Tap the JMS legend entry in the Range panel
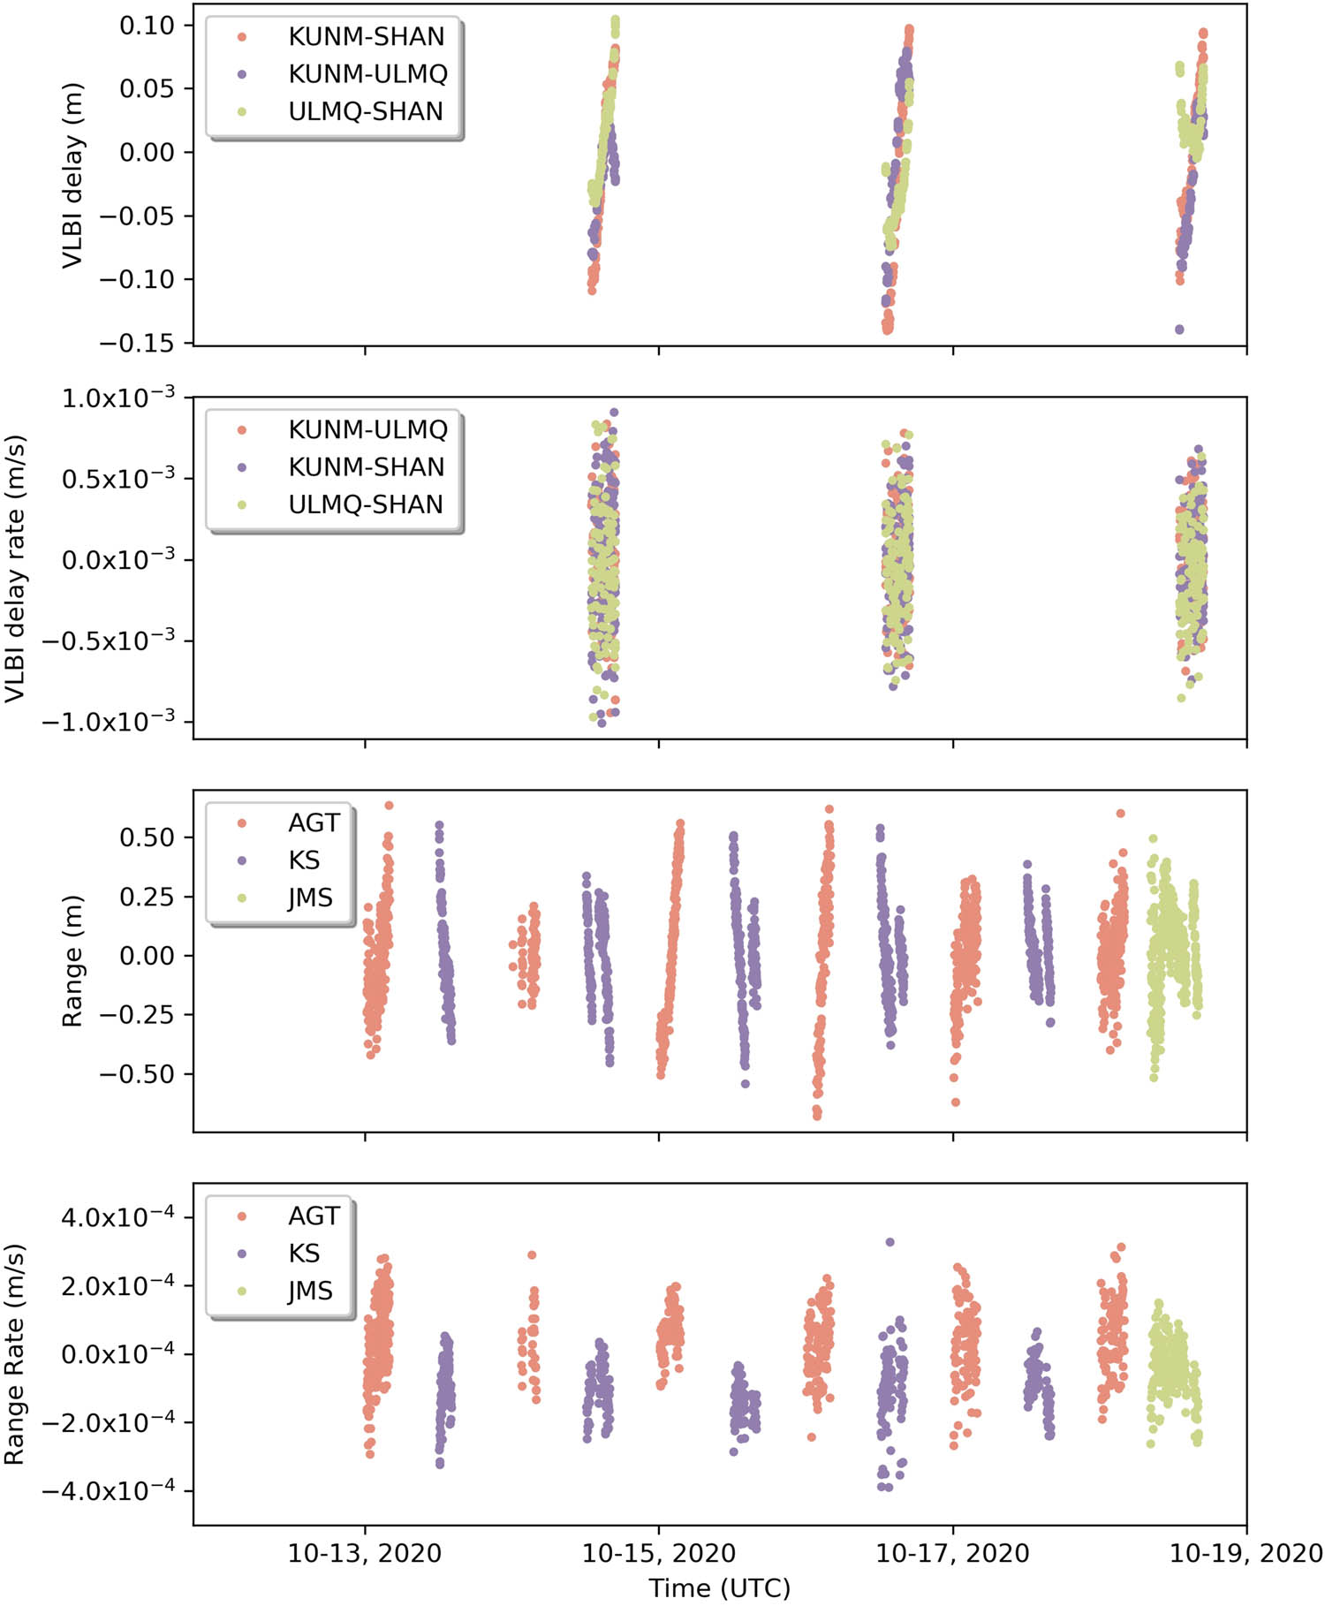pyautogui.click(x=310, y=898)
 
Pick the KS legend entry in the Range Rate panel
pyautogui.click(x=304, y=1253)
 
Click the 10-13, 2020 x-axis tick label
pyautogui.click(x=365, y=1553)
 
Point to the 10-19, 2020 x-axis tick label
pyautogui.click(x=1245, y=1553)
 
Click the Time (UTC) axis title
pyautogui.click(x=719, y=1587)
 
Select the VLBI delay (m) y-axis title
pyautogui.click(x=72, y=175)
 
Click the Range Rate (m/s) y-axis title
pyautogui.click(x=14, y=1354)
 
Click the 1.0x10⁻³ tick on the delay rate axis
pyautogui.click(x=117, y=398)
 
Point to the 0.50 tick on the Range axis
pyautogui.click(x=147, y=837)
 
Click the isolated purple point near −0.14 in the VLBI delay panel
pyautogui.click(x=1179, y=330)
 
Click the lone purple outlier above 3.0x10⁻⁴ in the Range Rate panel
pyautogui.click(x=890, y=1242)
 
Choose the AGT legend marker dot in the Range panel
pyautogui.click(x=242, y=822)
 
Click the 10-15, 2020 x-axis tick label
pyautogui.click(x=658, y=1553)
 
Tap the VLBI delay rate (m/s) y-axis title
pyautogui.click(x=14, y=568)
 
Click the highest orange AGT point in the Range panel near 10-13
pyautogui.click(x=389, y=805)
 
